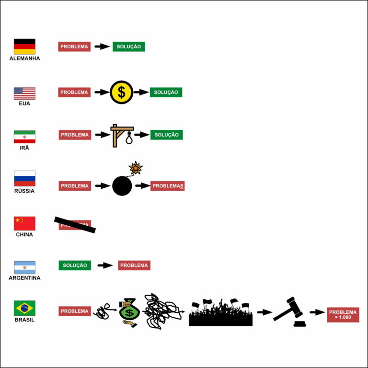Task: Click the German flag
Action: pyautogui.click(x=24, y=46)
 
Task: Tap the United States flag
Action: pyautogui.click(x=24, y=93)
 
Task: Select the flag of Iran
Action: pyautogui.click(x=24, y=137)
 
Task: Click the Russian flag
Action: pyautogui.click(x=24, y=179)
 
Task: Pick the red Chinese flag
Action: pyautogui.click(x=24, y=223)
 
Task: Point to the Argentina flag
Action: pyautogui.click(x=24, y=267)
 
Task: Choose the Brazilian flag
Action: pyautogui.click(x=24, y=308)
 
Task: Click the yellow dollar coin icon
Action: pyautogui.click(x=122, y=92)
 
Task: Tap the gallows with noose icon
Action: pyautogui.click(x=122, y=135)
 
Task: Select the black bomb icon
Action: pyautogui.click(x=123, y=185)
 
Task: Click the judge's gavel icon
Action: pyautogui.click(x=289, y=312)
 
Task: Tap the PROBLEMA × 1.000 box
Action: pyautogui.click(x=343, y=315)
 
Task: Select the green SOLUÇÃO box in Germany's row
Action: pyautogui.click(x=129, y=46)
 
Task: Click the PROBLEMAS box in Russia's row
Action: pyautogui.click(x=167, y=186)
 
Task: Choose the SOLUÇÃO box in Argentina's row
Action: pyautogui.click(x=75, y=265)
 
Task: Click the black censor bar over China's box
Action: pyautogui.click(x=75, y=225)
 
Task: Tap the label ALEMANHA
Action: pyautogui.click(x=24, y=58)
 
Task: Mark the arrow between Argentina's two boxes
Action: pyautogui.click(x=105, y=265)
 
